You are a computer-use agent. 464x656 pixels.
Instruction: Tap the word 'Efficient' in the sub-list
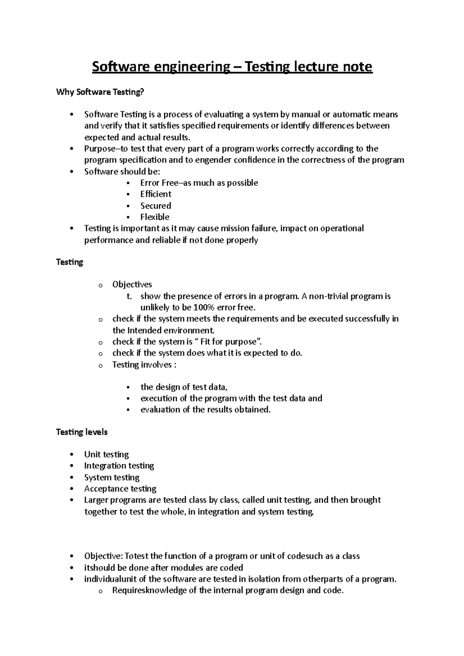click(x=155, y=194)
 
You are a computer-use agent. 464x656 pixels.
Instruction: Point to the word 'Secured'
click(x=155, y=206)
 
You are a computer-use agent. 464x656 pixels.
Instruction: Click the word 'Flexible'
click(x=155, y=217)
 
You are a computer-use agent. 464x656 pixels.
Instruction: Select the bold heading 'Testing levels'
click(x=82, y=432)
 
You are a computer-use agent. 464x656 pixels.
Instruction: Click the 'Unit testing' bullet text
click(x=106, y=454)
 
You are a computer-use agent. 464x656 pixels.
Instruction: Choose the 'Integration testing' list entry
click(x=119, y=466)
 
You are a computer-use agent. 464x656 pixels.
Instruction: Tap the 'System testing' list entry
click(x=112, y=477)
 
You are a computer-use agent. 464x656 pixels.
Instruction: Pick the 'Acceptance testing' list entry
click(x=120, y=488)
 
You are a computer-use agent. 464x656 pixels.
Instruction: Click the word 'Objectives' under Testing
click(x=132, y=284)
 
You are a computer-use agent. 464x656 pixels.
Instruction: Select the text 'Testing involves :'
click(x=144, y=364)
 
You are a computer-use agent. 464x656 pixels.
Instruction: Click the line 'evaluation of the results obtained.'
click(x=205, y=410)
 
